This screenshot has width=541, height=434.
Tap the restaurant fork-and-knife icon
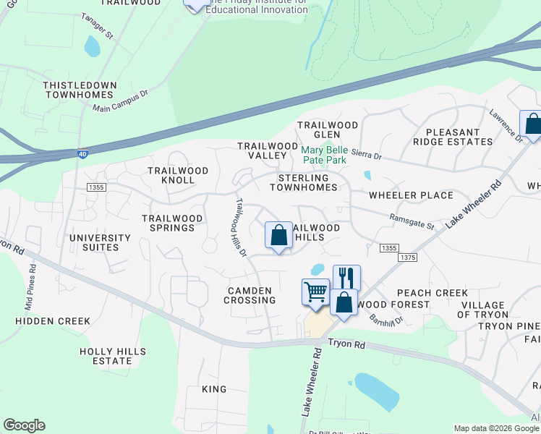point(346,278)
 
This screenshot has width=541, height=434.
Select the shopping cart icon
point(315,292)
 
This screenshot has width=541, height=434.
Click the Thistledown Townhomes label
point(80,90)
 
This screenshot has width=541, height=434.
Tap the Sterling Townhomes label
point(303,182)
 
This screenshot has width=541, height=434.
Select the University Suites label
point(100,242)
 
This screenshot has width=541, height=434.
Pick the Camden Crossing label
point(251,295)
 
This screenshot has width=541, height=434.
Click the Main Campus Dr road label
point(120,101)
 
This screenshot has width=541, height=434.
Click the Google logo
point(24,425)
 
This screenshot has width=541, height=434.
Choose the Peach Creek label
point(432,293)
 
